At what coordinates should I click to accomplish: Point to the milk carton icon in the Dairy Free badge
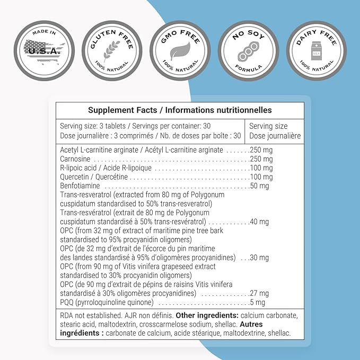[317, 50]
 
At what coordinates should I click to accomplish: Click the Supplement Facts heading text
[180, 110]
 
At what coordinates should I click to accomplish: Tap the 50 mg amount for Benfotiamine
[259, 186]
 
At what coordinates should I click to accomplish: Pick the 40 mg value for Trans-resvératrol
[259, 222]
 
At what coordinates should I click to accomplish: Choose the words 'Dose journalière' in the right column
[275, 136]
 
